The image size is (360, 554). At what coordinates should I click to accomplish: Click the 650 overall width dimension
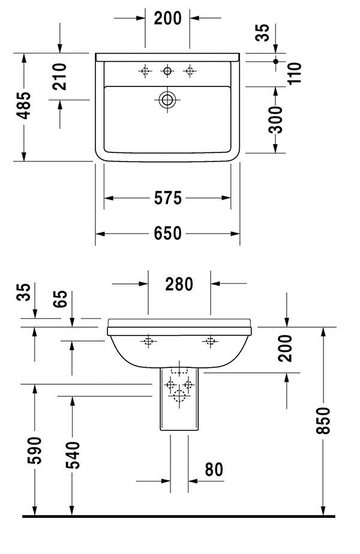tap(167, 233)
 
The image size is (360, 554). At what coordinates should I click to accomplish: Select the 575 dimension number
tap(168, 198)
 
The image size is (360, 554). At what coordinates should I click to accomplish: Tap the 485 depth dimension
tap(25, 106)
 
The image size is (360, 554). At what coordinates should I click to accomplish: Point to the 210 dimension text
tap(59, 77)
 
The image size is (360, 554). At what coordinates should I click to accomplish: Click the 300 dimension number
tap(276, 119)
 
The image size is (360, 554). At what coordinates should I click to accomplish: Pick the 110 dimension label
tap(294, 73)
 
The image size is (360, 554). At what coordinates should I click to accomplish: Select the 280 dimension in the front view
tap(179, 284)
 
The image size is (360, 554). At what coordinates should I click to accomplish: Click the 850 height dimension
tap(323, 420)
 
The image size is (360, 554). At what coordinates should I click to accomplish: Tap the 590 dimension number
tap(35, 451)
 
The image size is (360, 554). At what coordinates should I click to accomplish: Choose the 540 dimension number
tap(73, 455)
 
